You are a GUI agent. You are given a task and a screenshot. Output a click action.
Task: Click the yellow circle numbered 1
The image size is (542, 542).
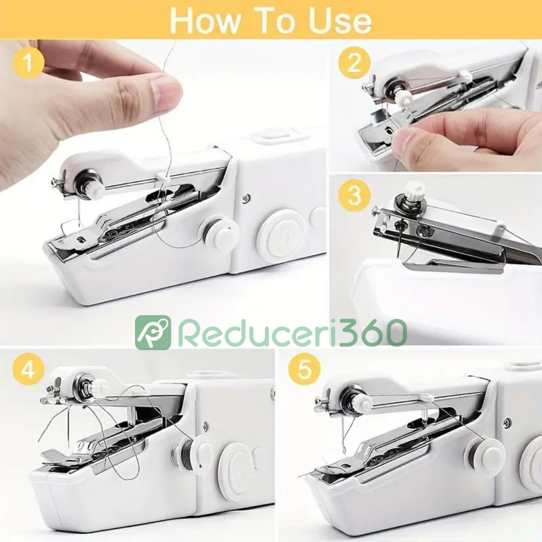(28, 63)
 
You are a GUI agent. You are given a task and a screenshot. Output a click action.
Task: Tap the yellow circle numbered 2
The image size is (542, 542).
(355, 63)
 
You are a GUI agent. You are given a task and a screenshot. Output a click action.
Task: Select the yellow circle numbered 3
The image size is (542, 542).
(354, 195)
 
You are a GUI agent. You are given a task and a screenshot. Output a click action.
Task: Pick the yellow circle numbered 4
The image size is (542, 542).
(29, 370)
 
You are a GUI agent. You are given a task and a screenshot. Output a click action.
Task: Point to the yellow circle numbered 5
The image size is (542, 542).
(305, 369)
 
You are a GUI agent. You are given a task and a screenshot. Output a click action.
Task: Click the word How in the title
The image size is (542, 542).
(204, 21)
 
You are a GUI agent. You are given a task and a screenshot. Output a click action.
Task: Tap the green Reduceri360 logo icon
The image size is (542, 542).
(153, 332)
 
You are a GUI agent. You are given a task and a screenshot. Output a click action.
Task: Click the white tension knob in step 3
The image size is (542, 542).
(415, 190)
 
